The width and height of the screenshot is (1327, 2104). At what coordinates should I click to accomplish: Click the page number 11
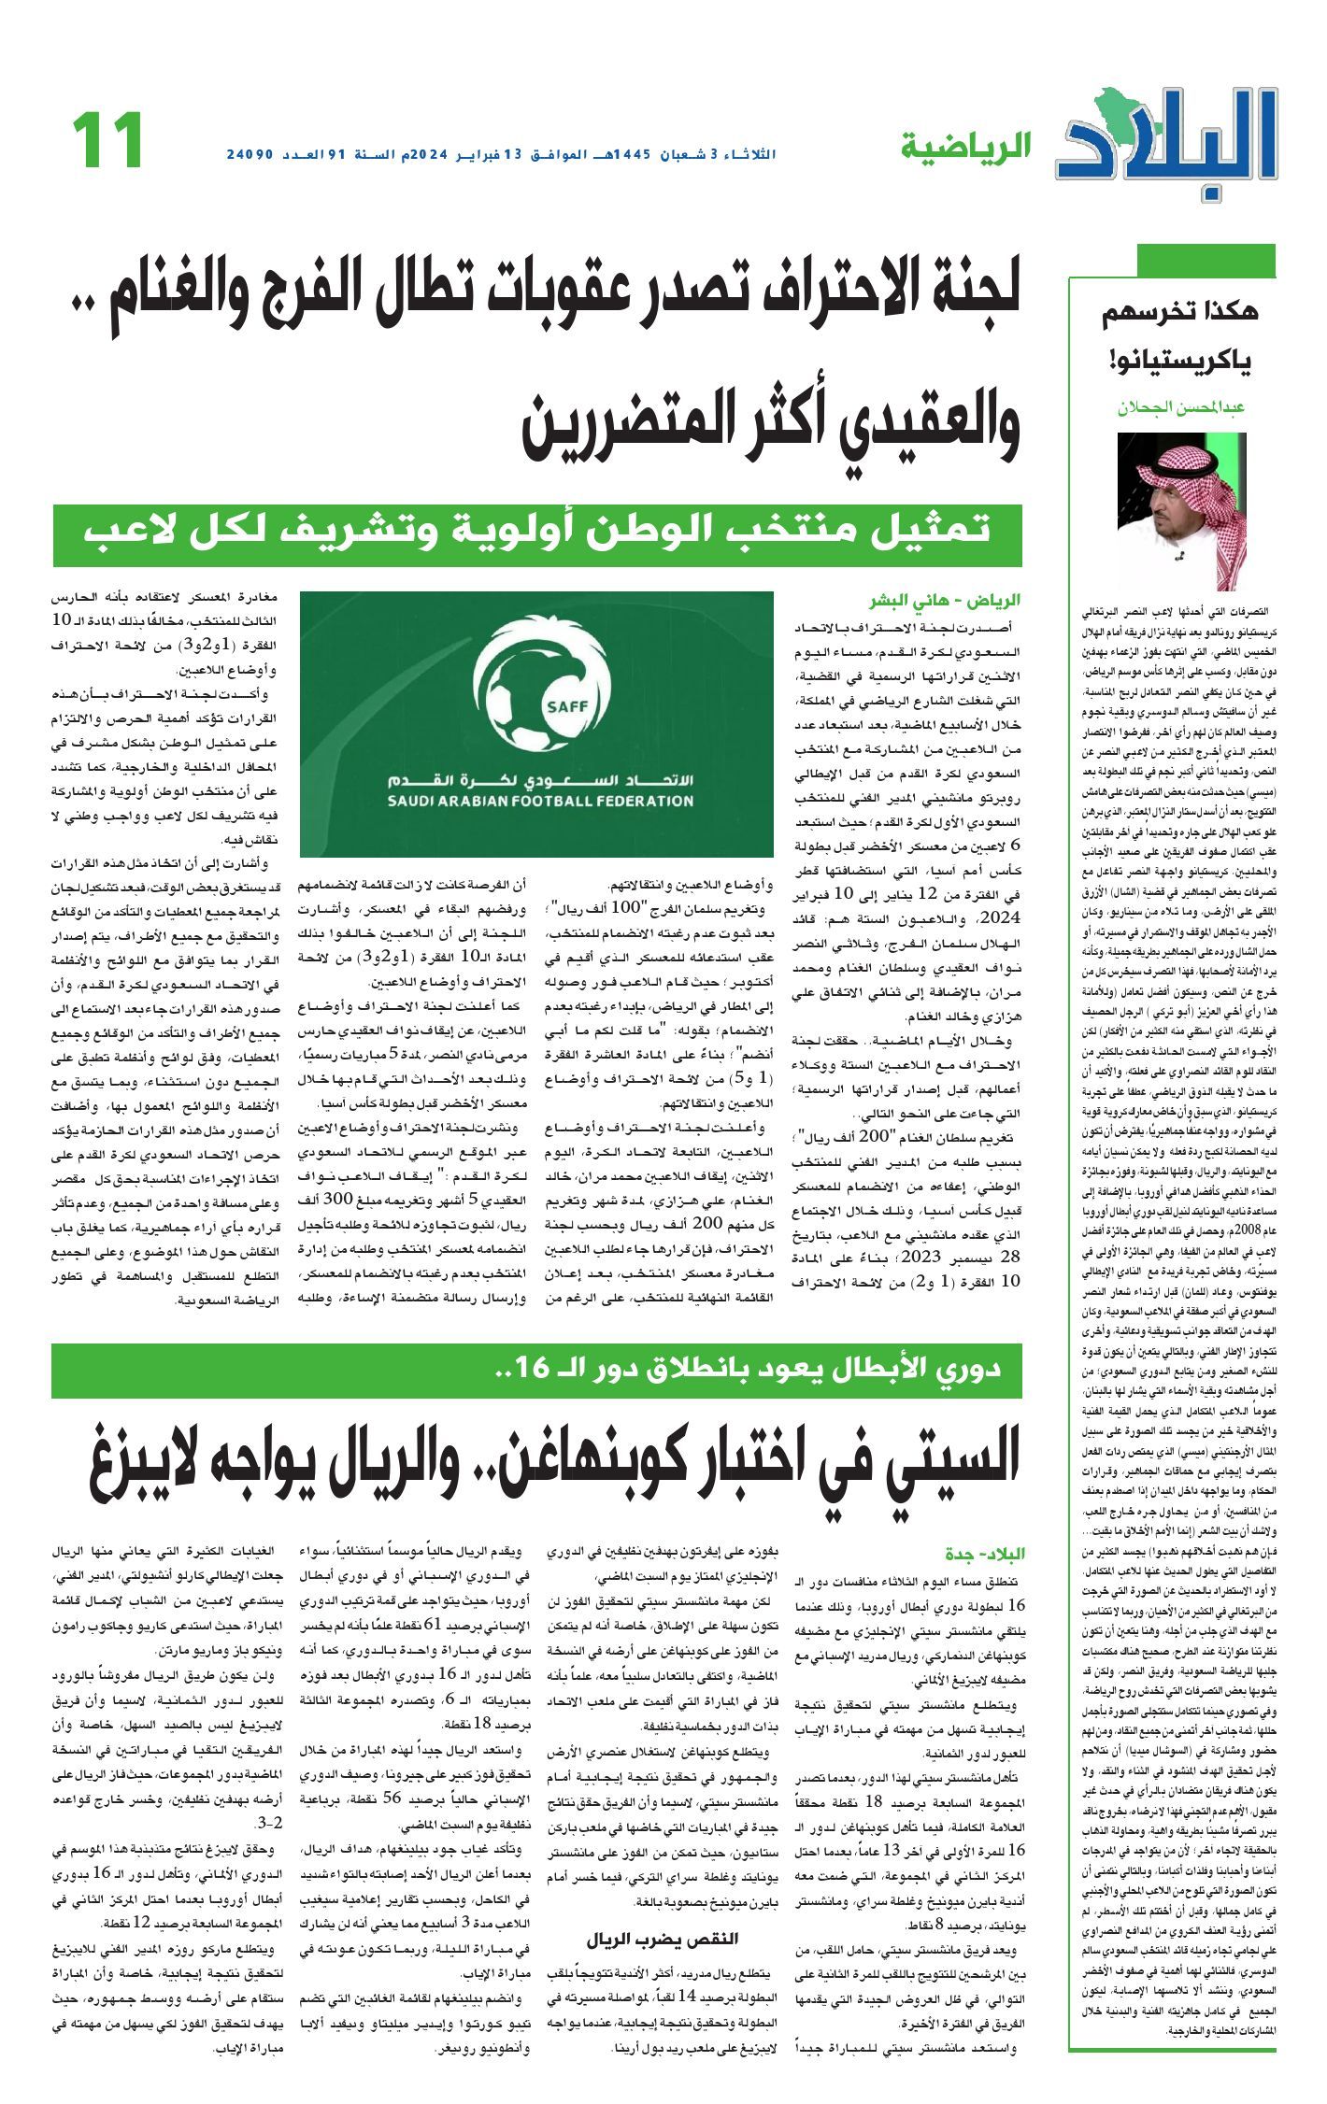(x=107, y=141)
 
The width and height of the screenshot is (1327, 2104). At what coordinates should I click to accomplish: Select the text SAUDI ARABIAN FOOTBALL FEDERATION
(x=540, y=801)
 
